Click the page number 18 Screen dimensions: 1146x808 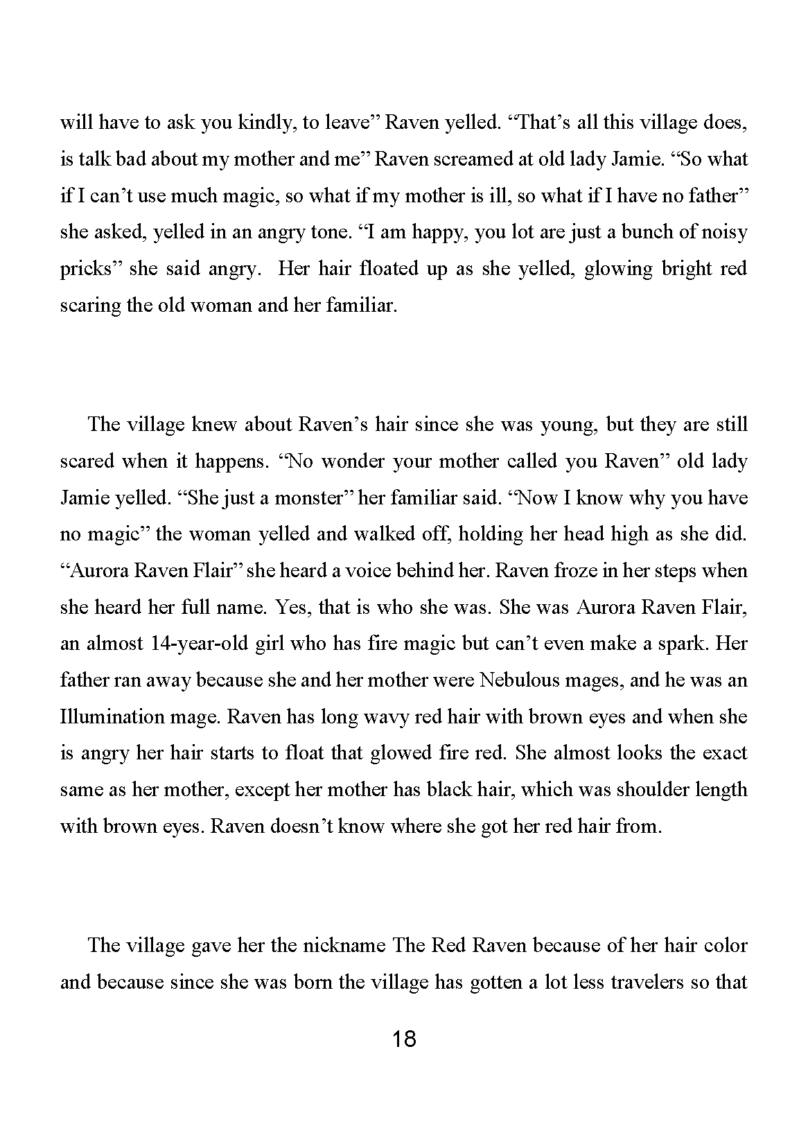pyautogui.click(x=404, y=1039)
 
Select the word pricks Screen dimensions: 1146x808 pyautogui.click(x=86, y=269)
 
